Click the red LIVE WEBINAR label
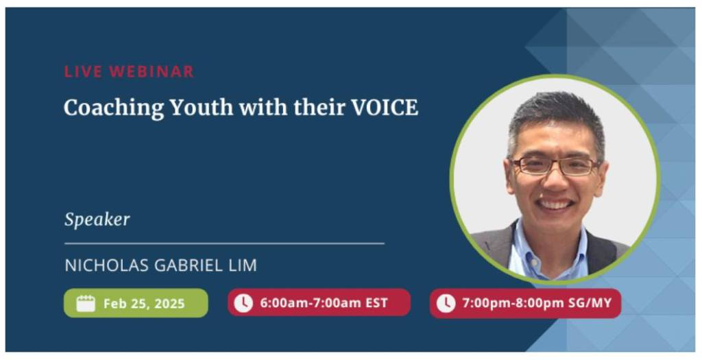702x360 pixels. click(129, 71)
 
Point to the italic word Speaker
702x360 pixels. click(97, 219)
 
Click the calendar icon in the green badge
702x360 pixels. click(86, 303)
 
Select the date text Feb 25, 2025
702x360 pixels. click(144, 304)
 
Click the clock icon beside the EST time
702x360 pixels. click(243, 303)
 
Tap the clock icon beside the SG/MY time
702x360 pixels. click(446, 303)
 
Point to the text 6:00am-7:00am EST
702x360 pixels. click(324, 303)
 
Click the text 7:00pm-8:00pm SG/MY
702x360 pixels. click(537, 303)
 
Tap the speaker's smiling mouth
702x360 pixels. click(555, 204)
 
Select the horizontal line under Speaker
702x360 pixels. click(224, 243)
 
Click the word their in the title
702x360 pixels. click(319, 108)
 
